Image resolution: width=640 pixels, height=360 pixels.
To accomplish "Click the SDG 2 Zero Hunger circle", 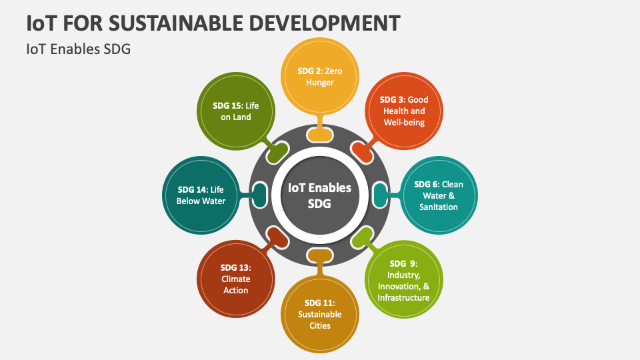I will point(320,76).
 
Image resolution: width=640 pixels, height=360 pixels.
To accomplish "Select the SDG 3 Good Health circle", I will point(404,111).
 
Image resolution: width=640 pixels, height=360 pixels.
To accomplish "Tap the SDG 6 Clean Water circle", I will point(439,195).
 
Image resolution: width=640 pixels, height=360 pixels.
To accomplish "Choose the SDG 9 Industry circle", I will point(404,279).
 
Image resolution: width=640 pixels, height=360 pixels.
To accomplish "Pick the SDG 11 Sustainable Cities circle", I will point(320,314).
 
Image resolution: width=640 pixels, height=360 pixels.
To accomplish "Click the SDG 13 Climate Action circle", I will point(235,279).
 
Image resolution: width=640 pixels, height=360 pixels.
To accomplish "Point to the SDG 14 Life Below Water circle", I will point(201,195).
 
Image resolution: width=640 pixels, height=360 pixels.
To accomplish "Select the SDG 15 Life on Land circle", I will point(235,111).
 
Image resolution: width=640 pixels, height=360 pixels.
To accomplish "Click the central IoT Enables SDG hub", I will point(319,196).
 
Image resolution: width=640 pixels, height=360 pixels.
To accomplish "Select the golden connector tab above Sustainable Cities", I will point(320,256).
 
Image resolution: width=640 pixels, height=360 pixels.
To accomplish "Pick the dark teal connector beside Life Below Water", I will point(259,195).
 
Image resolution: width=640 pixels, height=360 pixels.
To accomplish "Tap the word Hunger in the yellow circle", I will point(320,82).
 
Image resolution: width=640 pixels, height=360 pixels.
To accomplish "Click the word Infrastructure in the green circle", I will point(404,297).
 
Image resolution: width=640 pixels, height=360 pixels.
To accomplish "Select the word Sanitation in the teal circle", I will point(439,207).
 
